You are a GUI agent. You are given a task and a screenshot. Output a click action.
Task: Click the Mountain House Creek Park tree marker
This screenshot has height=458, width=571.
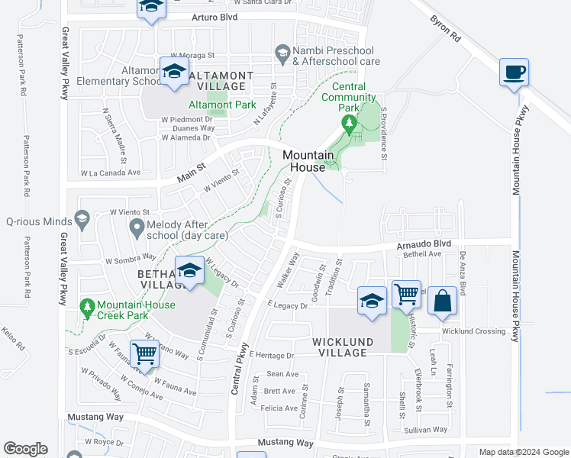(89, 306)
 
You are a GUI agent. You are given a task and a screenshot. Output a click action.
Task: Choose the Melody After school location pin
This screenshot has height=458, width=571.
(137, 226)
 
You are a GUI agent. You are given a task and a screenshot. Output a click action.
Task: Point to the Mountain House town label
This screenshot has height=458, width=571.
(308, 161)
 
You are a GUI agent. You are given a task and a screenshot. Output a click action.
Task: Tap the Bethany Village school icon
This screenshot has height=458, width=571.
(189, 271)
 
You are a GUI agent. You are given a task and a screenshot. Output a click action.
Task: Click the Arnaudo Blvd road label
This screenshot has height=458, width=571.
(418, 244)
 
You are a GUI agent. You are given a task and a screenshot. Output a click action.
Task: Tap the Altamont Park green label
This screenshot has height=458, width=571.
(222, 105)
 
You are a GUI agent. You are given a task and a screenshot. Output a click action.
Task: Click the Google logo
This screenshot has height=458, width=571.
(25, 448)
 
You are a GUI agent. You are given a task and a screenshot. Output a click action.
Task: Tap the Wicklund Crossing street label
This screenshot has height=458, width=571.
(473, 331)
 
